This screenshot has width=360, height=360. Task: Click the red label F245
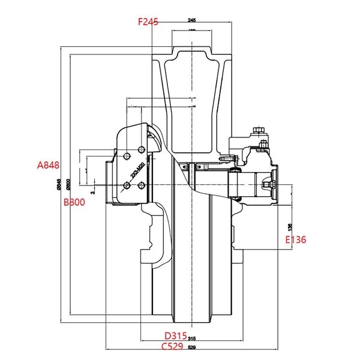point(148,22)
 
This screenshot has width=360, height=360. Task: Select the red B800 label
point(75,202)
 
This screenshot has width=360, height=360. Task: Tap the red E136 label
point(295,239)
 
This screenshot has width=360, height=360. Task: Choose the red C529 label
point(173,346)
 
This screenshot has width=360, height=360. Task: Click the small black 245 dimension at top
point(192,20)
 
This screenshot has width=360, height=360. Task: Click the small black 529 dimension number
point(192,348)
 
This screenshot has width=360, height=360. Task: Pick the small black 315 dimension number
point(192,337)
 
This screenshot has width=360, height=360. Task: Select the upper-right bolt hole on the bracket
point(140,148)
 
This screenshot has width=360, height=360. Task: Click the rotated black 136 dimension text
point(289,227)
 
